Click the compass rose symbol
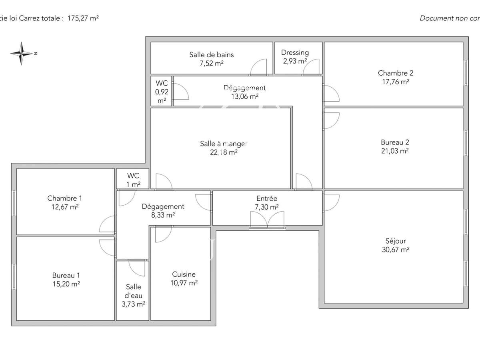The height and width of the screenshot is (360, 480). point(22,53)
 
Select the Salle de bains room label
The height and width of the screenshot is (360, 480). point(212,54)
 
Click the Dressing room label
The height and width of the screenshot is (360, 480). point(295,52)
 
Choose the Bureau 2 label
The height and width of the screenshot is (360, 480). point(395,142)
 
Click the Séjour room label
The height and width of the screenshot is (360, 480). point(396,241)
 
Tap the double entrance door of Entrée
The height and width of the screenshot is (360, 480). point(267,220)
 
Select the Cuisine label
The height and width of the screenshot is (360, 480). point(184,274)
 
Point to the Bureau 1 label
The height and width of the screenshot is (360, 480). point(66,275)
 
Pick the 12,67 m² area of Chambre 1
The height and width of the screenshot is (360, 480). point(65,207)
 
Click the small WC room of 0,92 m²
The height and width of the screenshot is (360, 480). point(162,91)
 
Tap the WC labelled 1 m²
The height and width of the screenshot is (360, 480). point(133,180)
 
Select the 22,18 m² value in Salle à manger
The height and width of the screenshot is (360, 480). point(224,152)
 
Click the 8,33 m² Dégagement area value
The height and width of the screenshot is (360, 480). point(163,215)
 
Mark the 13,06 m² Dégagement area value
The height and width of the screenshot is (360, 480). point(244,96)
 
